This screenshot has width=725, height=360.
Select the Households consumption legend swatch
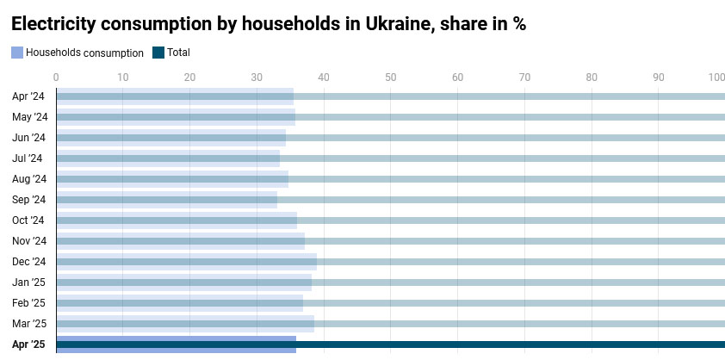coord(17,53)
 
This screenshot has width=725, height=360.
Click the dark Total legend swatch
coord(158,53)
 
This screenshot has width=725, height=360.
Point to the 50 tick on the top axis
coord(391,78)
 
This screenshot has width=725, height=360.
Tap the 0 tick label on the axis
coord(56,78)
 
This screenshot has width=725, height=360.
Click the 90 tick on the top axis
coord(659,78)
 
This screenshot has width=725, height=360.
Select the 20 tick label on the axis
coord(189,78)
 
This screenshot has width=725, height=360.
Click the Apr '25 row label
coord(28,344)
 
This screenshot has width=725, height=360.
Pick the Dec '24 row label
coord(28,262)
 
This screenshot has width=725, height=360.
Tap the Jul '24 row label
coord(27,158)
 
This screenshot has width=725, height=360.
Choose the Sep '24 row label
coord(28,200)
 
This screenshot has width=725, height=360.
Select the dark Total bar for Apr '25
coord(517,344)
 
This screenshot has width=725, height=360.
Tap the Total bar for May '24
coord(517,117)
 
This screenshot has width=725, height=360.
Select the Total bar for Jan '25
coord(517,282)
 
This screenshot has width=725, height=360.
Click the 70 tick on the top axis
coord(524,78)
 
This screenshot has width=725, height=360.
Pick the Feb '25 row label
coord(28,303)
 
